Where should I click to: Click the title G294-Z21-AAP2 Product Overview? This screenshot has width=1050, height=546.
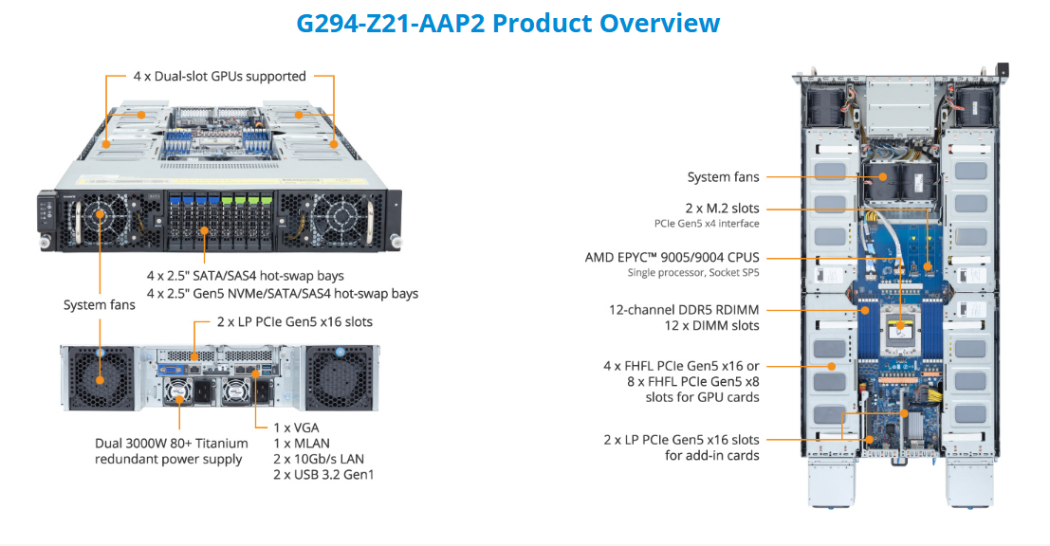click(507, 23)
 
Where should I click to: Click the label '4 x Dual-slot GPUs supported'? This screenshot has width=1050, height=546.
click(219, 76)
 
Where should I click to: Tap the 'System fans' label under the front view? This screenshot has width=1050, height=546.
click(100, 304)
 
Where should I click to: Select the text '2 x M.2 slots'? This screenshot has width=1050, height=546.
click(722, 208)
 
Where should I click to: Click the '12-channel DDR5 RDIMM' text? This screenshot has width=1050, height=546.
click(684, 309)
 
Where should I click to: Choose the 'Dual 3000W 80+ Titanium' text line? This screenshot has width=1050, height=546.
click(172, 443)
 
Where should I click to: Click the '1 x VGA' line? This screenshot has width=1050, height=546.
click(296, 428)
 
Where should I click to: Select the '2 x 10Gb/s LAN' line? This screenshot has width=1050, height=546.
click(318, 458)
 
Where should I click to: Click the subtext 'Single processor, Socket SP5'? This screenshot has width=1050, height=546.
click(693, 273)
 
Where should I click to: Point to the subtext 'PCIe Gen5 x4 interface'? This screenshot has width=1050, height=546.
click(707, 223)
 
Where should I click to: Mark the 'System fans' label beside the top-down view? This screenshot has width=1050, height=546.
click(723, 176)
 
